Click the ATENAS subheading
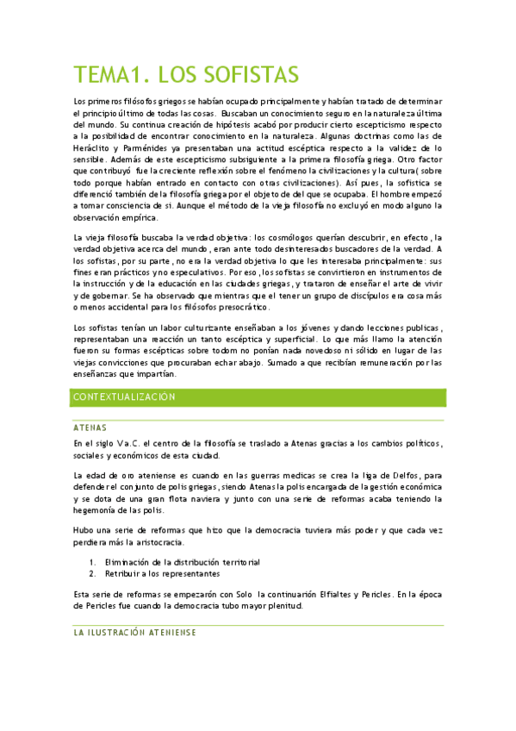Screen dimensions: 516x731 coord(90,427)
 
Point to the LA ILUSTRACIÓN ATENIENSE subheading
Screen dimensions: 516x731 coord(135,632)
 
